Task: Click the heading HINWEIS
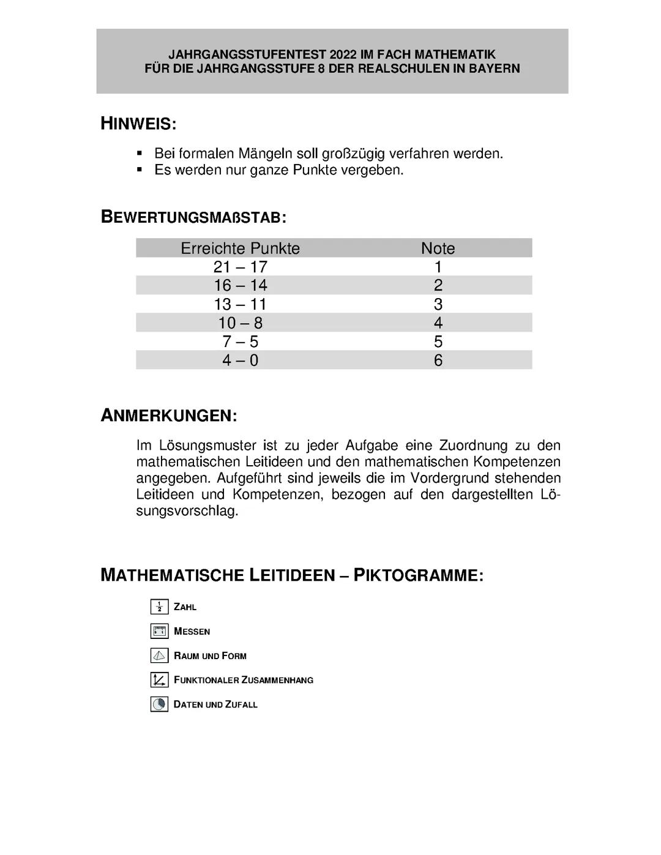click(138, 124)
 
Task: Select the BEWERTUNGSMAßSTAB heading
click(193, 217)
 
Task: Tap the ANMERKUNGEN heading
click(168, 416)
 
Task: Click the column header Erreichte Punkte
click(240, 248)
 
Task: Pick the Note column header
click(438, 248)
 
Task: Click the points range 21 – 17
click(240, 267)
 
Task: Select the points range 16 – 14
click(240, 285)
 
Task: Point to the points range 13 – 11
click(240, 304)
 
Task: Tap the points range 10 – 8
click(240, 323)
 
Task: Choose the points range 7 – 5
click(240, 342)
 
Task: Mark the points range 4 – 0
click(240, 360)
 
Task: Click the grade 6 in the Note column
click(438, 360)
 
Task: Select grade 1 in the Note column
click(438, 267)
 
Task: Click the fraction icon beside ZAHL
click(159, 607)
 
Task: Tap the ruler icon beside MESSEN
click(159, 631)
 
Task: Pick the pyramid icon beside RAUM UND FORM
click(159, 655)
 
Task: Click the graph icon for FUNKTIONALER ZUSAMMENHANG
click(159, 679)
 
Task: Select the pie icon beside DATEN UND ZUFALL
click(159, 704)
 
